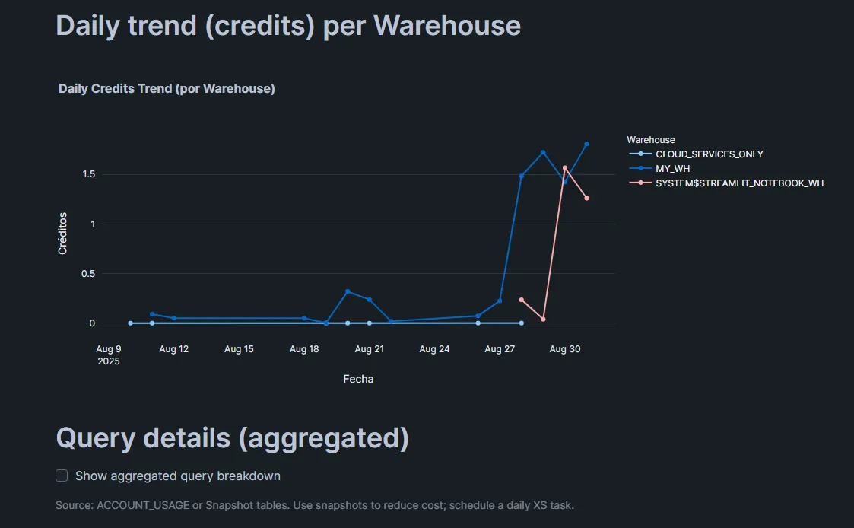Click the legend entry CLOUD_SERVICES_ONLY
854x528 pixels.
[709, 154]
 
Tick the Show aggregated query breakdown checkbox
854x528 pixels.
[62, 476]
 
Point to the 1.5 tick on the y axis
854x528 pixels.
[88, 174]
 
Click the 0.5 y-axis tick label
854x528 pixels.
[88, 274]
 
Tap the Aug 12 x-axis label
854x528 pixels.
[173, 349]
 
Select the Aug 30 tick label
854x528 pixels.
[564, 349]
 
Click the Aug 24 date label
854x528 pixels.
[434, 349]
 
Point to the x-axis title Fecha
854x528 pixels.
[358, 379]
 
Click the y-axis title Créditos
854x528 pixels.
[63, 233]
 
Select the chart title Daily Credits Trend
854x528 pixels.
[167, 89]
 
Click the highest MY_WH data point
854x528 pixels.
[587, 144]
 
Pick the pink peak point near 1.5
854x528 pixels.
[565, 168]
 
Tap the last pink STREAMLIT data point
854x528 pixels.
[587, 199]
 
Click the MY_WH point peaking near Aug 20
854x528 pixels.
[348, 291]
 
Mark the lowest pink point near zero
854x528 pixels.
[543, 320]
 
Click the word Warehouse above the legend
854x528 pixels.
[651, 140]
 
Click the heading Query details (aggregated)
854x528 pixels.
[233, 438]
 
